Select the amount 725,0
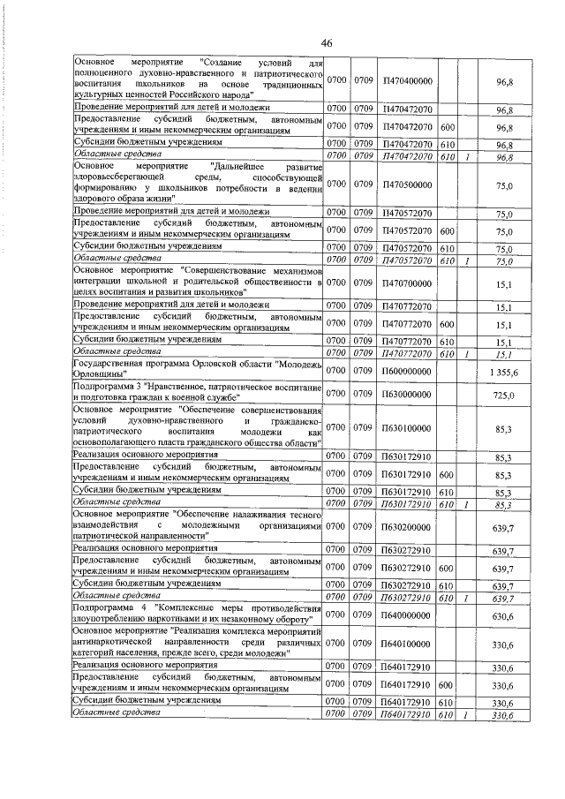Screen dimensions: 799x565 (504, 395)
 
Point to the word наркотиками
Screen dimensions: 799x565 (160, 621)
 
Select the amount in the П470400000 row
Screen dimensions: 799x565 (504, 80)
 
